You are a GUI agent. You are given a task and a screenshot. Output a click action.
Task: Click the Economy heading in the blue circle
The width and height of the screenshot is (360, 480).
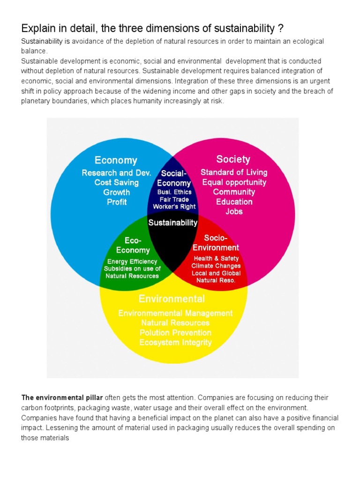(116, 160)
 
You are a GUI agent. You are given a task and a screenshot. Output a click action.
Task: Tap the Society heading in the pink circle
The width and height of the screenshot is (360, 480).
(233, 159)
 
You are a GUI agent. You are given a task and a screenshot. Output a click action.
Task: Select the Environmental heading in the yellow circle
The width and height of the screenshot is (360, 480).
(172, 299)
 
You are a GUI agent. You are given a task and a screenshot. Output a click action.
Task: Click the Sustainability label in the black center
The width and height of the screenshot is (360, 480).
(173, 223)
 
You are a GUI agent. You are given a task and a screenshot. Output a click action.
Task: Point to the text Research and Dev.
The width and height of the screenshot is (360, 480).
(116, 173)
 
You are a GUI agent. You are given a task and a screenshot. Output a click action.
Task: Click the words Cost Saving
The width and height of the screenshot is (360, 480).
(116, 182)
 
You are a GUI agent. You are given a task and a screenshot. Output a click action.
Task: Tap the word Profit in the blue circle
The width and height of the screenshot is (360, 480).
(117, 202)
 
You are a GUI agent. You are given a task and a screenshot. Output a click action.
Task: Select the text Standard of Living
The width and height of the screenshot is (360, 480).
(234, 172)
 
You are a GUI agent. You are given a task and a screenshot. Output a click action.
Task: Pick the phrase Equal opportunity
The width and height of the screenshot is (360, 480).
(234, 182)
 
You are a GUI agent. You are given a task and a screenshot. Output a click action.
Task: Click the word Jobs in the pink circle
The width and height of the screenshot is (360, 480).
(234, 211)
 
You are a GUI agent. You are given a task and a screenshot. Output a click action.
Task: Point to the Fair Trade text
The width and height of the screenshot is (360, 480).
(174, 199)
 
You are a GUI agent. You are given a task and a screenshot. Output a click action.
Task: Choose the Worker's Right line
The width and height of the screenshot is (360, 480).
(174, 207)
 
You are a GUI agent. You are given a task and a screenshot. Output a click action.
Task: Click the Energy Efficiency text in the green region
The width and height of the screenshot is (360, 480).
(132, 262)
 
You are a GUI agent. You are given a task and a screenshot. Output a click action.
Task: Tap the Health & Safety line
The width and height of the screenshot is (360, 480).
(216, 258)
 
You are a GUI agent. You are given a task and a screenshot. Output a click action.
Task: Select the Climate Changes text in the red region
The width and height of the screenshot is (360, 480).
(216, 266)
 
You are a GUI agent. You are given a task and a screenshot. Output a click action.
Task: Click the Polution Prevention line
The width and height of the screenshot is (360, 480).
(175, 332)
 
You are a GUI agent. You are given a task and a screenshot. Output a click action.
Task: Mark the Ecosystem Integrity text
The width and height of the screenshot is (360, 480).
(175, 342)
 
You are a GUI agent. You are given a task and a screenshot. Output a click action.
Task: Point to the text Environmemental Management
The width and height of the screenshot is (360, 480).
(175, 313)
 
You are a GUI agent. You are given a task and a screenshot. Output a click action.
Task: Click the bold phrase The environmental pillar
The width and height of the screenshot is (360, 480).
(62, 397)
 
